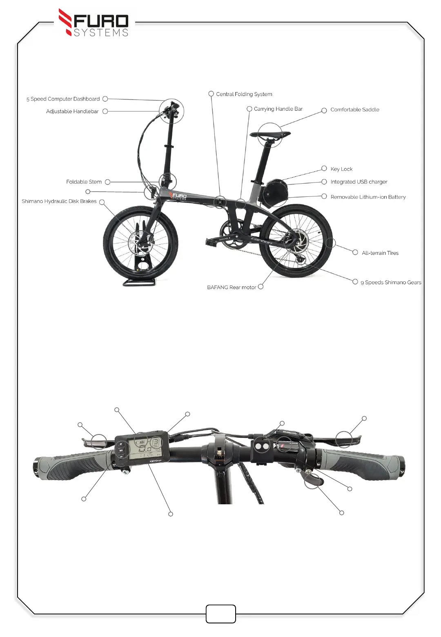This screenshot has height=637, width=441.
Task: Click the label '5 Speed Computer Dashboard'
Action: click(63, 99)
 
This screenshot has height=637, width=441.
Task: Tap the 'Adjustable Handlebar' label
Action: click(72, 111)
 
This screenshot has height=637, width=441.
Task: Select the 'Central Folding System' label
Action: click(244, 94)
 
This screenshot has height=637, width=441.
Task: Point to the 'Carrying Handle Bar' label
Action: click(278, 109)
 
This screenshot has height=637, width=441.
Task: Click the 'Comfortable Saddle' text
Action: click(354, 110)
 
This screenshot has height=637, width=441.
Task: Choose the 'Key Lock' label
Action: click(341, 169)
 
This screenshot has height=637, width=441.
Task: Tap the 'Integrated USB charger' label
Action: click(359, 182)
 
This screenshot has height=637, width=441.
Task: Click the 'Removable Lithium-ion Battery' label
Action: click(368, 197)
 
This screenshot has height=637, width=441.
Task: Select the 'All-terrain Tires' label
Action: click(380, 253)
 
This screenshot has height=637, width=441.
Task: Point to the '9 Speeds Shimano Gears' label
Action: click(391, 283)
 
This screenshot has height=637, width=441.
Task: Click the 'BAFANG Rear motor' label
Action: click(232, 287)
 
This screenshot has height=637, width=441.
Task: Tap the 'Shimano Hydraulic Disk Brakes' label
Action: click(59, 201)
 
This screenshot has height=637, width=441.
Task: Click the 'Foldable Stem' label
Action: click(84, 182)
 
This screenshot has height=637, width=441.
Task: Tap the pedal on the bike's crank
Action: click(211, 242)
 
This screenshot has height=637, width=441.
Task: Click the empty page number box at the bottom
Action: click(220, 614)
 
